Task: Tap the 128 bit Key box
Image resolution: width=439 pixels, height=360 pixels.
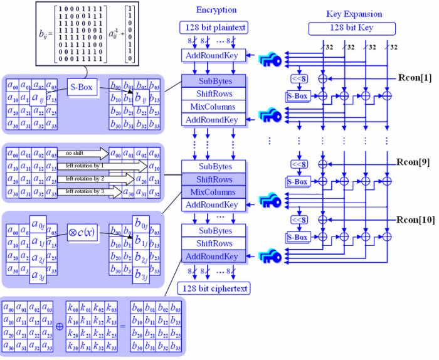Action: pyautogui.click(x=352, y=28)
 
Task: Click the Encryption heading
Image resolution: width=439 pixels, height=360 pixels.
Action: pyautogui.click(x=216, y=10)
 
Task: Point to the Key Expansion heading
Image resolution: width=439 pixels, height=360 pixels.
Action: pyautogui.click(x=354, y=14)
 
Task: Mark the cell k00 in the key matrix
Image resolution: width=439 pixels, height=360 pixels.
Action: pyautogui.click(x=73, y=308)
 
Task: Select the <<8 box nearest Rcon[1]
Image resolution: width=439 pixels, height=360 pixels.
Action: pyautogui.click(x=299, y=79)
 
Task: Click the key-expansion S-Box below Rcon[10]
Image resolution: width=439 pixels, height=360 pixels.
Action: pyautogui.click(x=297, y=237)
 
